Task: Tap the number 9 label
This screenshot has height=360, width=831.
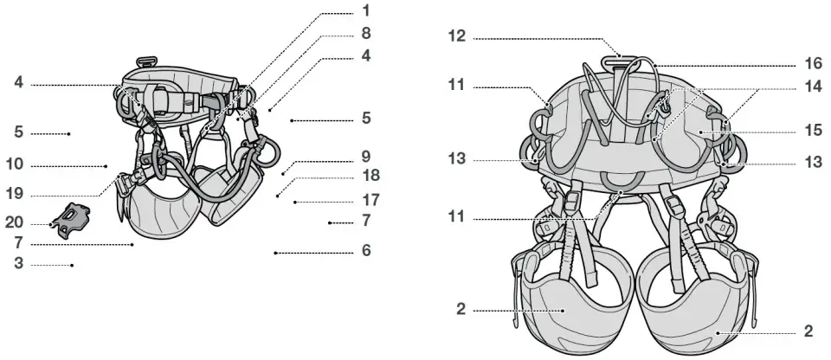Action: coord(366,158)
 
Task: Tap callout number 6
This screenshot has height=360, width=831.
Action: coord(366,252)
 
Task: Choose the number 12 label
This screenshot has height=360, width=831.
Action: coord(457,37)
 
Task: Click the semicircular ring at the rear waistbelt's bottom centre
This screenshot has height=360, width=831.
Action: coord(620,179)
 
